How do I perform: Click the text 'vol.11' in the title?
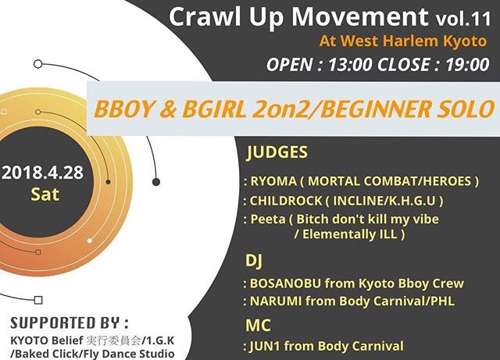[463, 19]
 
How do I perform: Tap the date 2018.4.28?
[42, 173]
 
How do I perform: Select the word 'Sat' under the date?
[45, 194]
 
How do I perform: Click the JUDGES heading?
[277, 152]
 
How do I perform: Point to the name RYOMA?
[273, 181]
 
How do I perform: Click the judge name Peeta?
[268, 219]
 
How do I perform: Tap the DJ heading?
[254, 261]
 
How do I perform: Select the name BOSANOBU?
[285, 283]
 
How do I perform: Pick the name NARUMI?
[276, 301]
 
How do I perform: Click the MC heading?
[258, 325]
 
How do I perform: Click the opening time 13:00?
[350, 65]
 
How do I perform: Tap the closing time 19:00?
[467, 65]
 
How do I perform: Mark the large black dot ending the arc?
[156, 182]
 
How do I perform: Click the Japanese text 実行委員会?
[113, 341]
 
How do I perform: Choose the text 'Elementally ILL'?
[350, 234]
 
